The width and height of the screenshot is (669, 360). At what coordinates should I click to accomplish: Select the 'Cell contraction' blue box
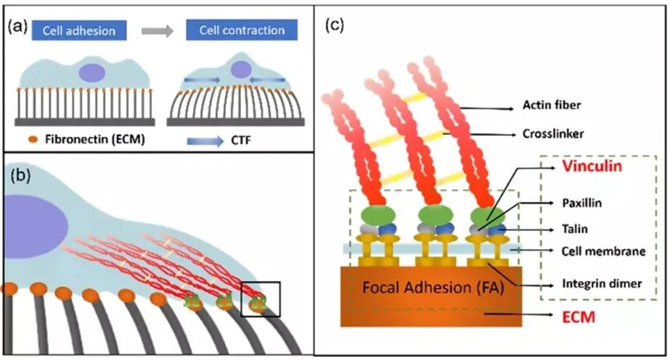(x=241, y=30)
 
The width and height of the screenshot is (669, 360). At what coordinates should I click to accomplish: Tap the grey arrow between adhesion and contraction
(x=157, y=30)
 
